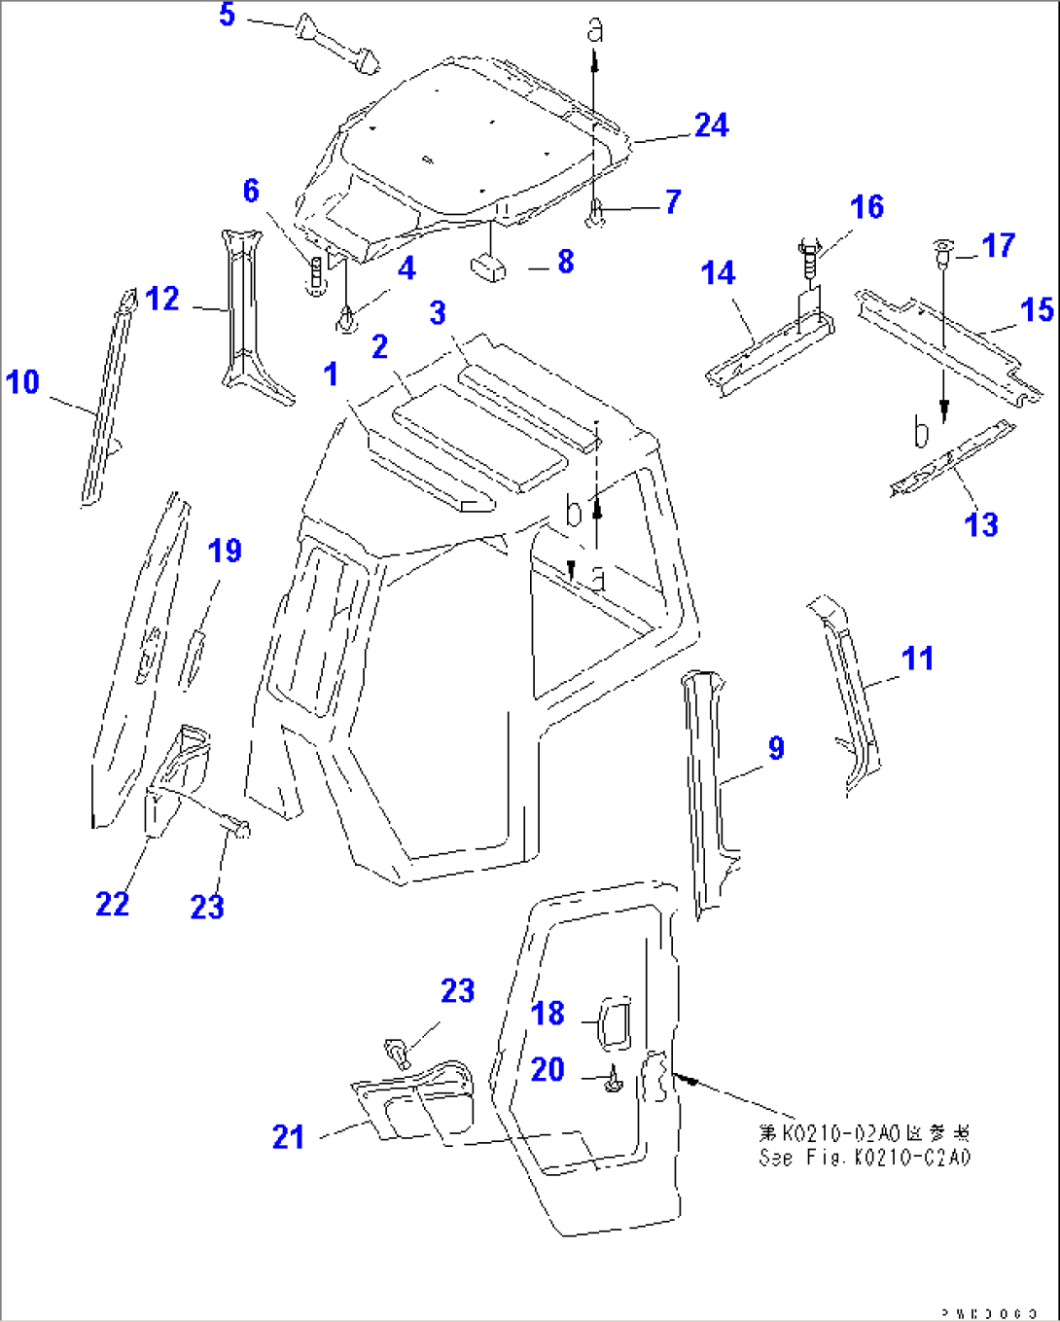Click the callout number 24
[711, 125]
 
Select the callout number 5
[227, 15]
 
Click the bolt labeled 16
[808, 258]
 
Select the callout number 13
[981, 524]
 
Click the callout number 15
[1037, 310]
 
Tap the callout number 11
[917, 659]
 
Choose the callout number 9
[775, 748]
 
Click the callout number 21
[288, 1136]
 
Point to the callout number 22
[112, 904]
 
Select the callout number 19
[225, 551]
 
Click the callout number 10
[22, 382]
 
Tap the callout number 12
[162, 299]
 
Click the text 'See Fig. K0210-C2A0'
[865, 1158]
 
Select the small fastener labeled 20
[613, 1081]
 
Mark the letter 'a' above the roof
[595, 29]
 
